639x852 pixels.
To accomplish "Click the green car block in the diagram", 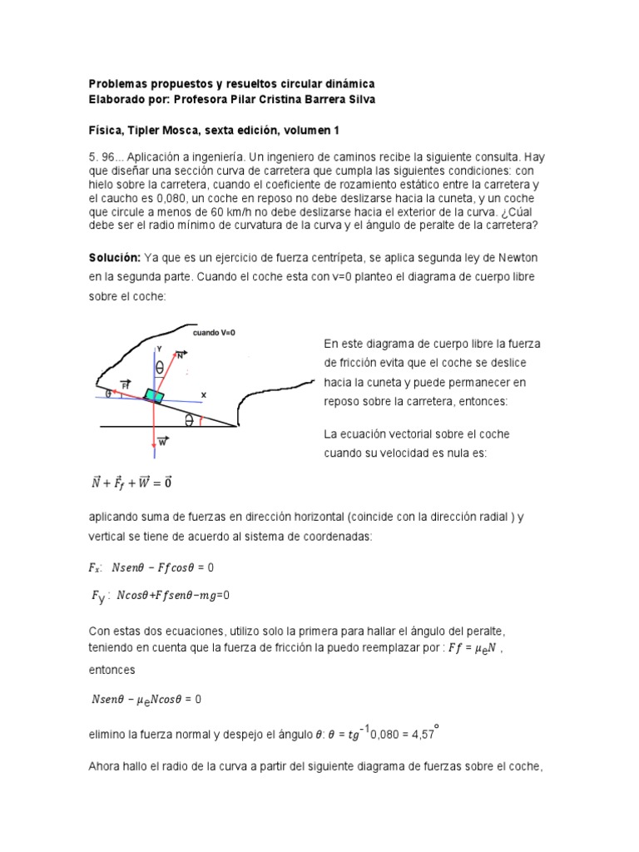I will (154, 394).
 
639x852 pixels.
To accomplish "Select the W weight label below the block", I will (162, 441).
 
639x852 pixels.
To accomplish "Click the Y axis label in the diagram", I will (160, 349).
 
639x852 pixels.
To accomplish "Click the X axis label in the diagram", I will (202, 394).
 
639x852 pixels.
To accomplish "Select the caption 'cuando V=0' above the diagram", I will (215, 332).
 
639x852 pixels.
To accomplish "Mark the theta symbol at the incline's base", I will (190, 421).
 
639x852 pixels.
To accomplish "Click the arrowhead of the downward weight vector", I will (155, 453).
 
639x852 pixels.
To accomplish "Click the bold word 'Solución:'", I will (116, 257).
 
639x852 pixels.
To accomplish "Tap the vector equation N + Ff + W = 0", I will (131, 483).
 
